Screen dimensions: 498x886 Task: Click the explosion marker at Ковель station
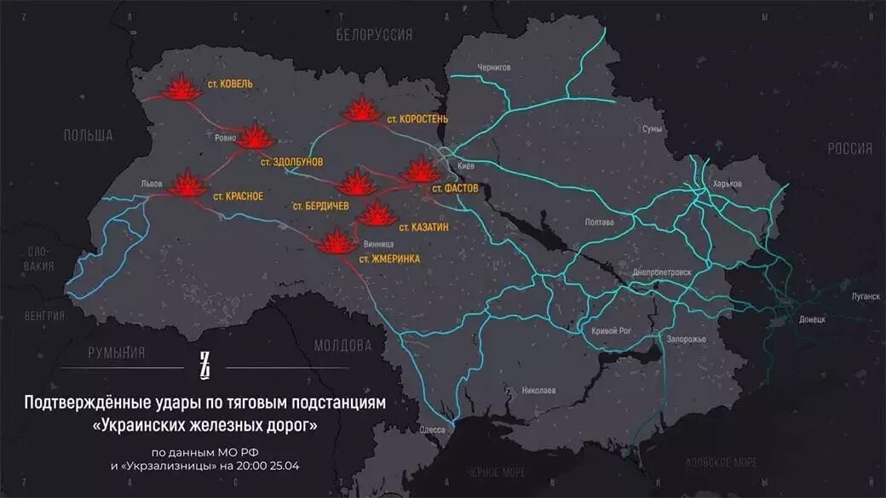point(181,89)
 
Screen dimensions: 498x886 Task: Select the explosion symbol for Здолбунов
point(255,137)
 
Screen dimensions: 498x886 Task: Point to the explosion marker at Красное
point(186,185)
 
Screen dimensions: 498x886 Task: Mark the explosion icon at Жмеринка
point(336,243)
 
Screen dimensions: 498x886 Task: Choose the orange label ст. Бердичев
point(321,205)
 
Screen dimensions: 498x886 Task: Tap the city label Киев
point(466,166)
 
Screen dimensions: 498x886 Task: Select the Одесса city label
point(432,430)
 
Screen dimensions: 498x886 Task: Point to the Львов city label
point(152,184)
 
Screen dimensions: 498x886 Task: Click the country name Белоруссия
point(375,35)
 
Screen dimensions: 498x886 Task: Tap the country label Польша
point(88,135)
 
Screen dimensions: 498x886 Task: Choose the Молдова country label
point(342,346)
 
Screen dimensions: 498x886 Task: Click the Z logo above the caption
point(204,366)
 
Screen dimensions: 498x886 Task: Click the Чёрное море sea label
point(495,471)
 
